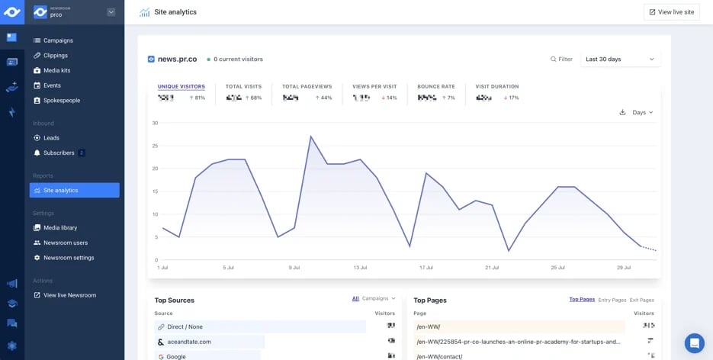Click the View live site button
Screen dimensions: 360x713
click(671, 12)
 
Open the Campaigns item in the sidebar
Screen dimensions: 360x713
click(58, 40)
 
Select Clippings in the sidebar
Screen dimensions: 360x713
click(56, 56)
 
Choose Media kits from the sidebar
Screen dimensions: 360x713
click(56, 71)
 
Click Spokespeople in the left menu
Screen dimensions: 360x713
click(61, 101)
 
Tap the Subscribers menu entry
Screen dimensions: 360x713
click(59, 153)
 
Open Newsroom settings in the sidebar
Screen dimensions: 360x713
click(69, 258)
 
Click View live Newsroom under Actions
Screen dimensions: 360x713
click(69, 295)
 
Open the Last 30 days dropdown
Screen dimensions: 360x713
click(619, 59)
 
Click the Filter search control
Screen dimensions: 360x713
click(561, 59)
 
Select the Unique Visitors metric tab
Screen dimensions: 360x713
click(181, 87)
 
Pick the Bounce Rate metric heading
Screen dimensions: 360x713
click(435, 87)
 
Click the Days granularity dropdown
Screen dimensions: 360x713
click(642, 113)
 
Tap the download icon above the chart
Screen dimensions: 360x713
click(622, 113)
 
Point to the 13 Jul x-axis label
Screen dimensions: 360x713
click(360, 268)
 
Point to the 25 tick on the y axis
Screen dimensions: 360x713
click(155, 146)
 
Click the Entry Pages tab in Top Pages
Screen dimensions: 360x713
click(612, 300)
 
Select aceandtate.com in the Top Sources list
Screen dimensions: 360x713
click(188, 342)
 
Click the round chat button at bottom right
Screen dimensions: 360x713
click(694, 343)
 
